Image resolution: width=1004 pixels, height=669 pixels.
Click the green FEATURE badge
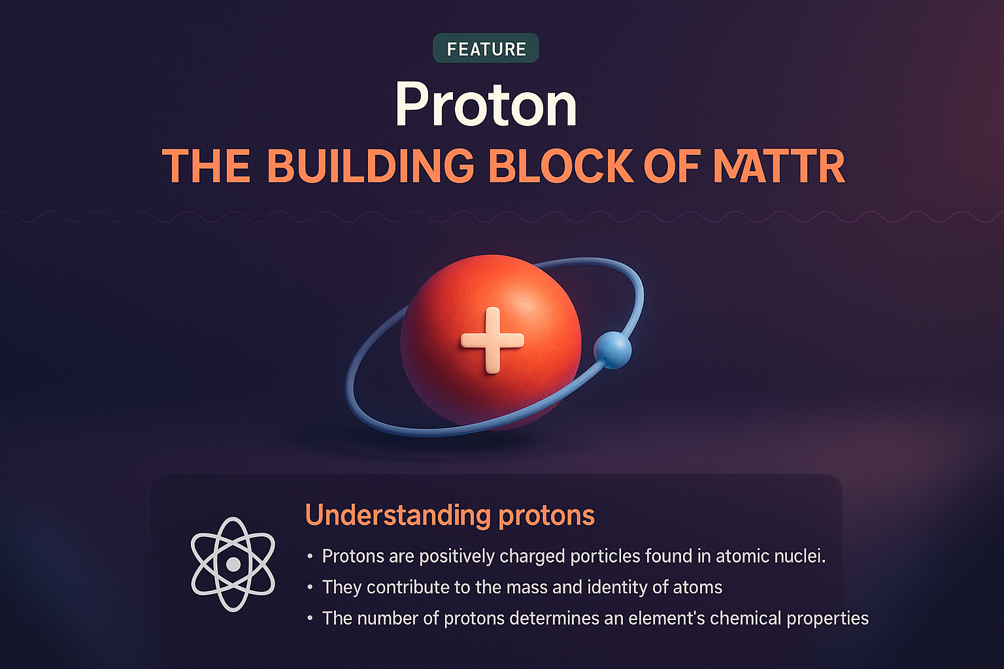point(486,48)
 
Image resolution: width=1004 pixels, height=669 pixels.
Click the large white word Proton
point(486,105)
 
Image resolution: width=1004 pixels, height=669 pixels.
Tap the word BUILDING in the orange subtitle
point(371,166)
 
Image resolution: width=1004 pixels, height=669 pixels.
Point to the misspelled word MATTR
point(778,166)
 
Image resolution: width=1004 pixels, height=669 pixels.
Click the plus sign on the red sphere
point(492,340)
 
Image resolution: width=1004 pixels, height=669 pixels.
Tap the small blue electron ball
point(612,350)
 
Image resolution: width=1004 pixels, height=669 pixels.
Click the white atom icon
point(233,564)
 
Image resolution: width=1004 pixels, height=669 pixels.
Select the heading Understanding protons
point(450,515)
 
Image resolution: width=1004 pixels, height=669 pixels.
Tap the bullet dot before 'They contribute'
point(310,587)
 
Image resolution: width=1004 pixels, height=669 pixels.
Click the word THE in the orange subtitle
point(206,166)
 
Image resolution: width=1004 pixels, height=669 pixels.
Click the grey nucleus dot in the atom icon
point(233,564)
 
